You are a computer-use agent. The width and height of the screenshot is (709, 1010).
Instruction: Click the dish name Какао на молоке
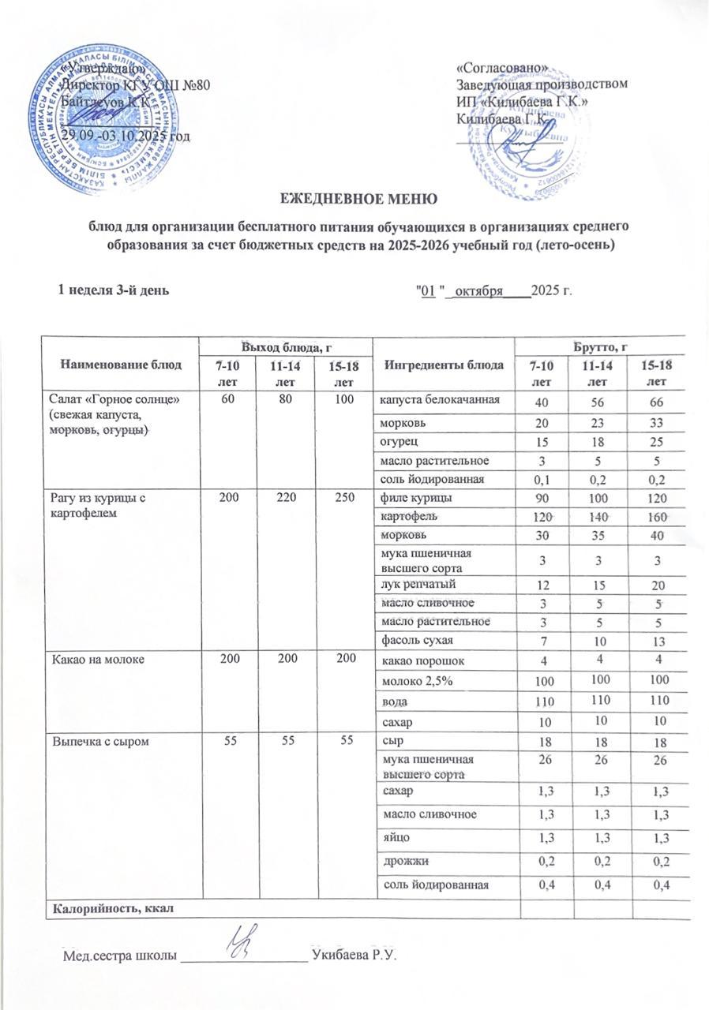click(x=99, y=657)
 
